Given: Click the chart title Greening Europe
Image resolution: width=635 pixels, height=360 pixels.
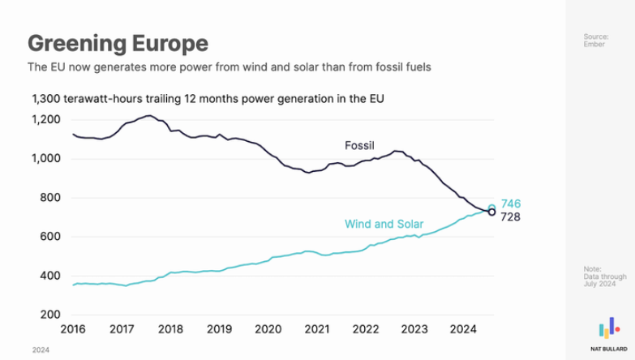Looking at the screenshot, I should (x=118, y=42).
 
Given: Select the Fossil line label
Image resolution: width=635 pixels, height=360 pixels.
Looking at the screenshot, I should (x=359, y=146).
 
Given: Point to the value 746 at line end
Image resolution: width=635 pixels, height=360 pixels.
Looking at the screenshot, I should (x=511, y=204).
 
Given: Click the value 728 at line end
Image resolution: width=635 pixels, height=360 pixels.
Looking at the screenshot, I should (x=510, y=217).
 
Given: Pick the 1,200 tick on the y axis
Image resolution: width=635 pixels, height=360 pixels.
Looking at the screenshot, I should (x=45, y=120).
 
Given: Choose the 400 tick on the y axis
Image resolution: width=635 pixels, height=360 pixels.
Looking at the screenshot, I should (x=50, y=276).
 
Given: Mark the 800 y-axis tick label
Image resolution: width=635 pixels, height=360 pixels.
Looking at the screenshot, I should (x=50, y=198).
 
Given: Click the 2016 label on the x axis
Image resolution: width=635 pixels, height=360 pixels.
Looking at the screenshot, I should (x=74, y=330).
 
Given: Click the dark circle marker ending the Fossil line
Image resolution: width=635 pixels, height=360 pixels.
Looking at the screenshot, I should (x=491, y=212).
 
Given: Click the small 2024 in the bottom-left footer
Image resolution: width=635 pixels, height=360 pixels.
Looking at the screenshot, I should (x=40, y=349).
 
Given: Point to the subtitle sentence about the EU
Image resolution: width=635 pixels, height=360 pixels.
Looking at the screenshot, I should (x=230, y=66).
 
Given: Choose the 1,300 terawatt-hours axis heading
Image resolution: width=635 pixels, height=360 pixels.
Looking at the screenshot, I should (x=207, y=100).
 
